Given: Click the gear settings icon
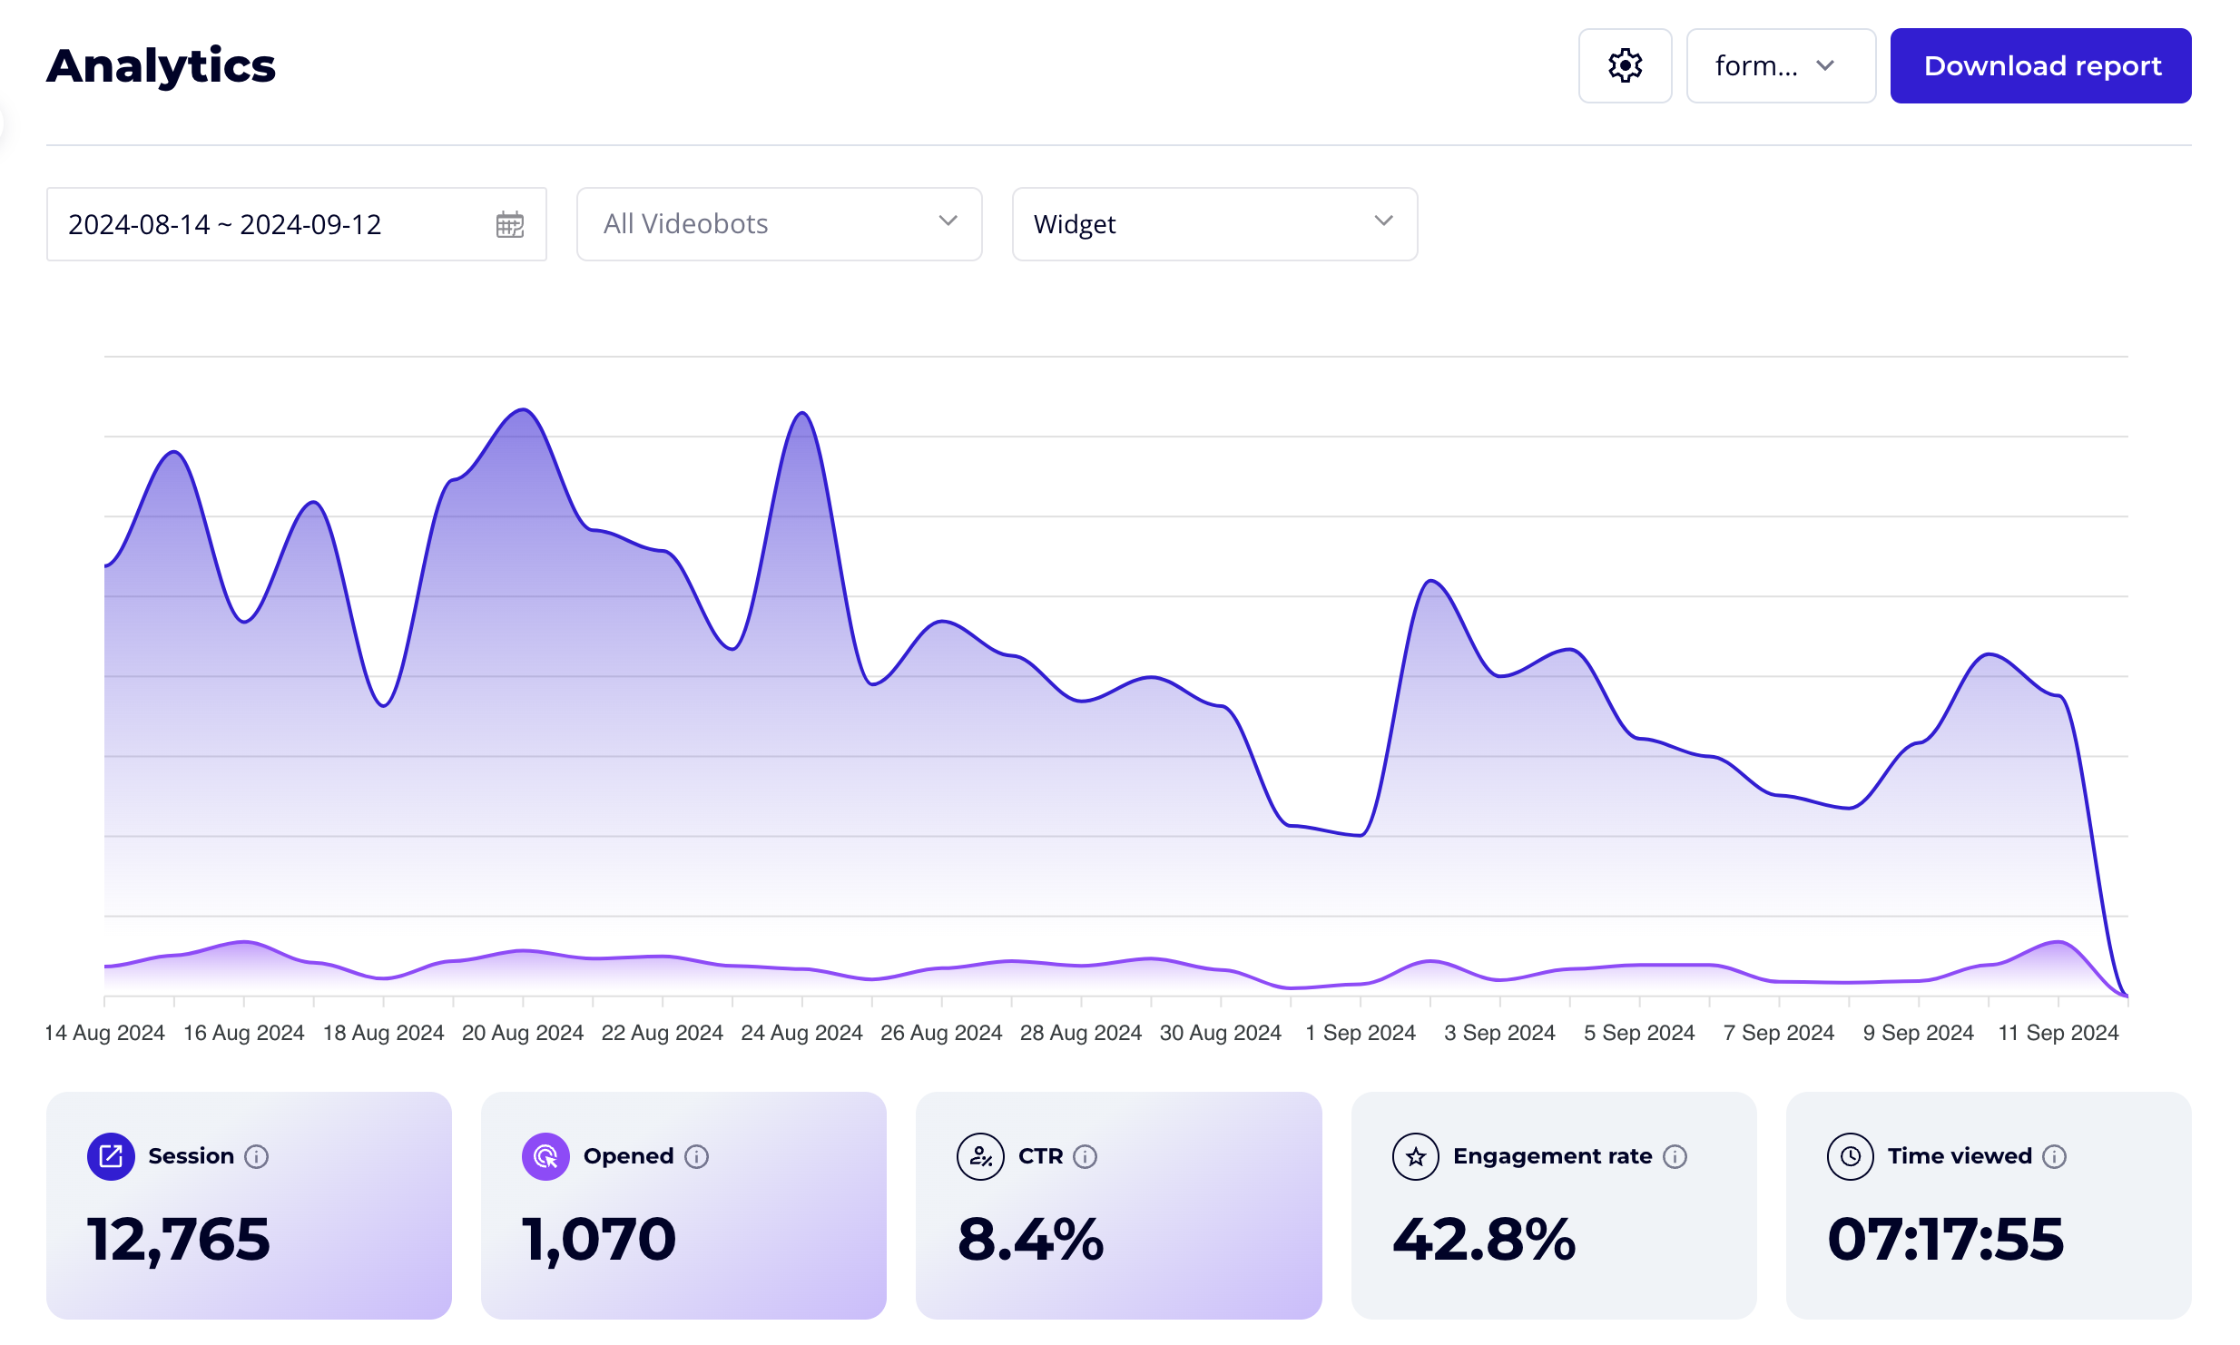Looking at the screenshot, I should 1624,65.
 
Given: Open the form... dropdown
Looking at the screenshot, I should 1779,65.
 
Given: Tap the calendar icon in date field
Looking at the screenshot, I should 509,224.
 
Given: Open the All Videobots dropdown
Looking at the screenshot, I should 778,224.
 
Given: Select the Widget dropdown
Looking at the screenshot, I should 1213,224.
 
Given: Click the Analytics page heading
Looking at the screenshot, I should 161,65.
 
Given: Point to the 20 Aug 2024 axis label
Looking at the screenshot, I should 522,1032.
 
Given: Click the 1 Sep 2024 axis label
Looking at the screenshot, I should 1360,1032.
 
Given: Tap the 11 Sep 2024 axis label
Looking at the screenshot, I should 2058,1032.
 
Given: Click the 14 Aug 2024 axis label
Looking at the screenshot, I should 104,1032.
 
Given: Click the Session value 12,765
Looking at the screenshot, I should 178,1239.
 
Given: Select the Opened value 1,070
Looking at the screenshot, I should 598,1239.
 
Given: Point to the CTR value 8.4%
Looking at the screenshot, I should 1030,1239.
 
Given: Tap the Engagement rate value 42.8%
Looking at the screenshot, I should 1483,1239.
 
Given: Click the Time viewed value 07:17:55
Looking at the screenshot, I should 1945,1239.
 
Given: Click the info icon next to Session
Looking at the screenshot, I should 257,1156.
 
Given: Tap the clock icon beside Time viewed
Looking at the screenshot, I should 1850,1156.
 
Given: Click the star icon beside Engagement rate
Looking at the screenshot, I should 1415,1156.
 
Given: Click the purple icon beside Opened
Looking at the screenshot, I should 545,1156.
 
